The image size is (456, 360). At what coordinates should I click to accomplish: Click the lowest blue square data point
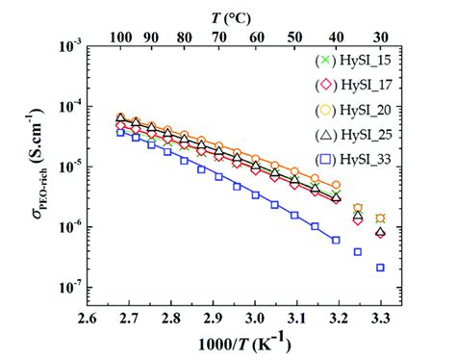tap(380, 268)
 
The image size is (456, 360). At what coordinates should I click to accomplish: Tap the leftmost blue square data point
tap(121, 133)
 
